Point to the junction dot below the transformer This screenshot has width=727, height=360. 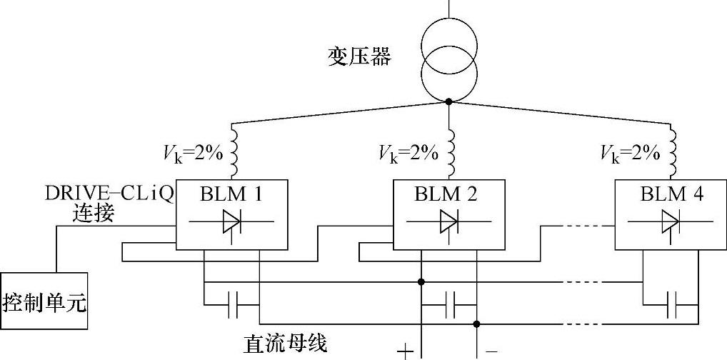448,101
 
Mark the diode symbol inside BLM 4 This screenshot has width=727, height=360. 671,222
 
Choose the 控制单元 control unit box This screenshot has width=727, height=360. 44,303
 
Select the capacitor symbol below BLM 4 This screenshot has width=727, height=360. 671,305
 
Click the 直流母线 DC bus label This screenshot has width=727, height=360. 285,344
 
